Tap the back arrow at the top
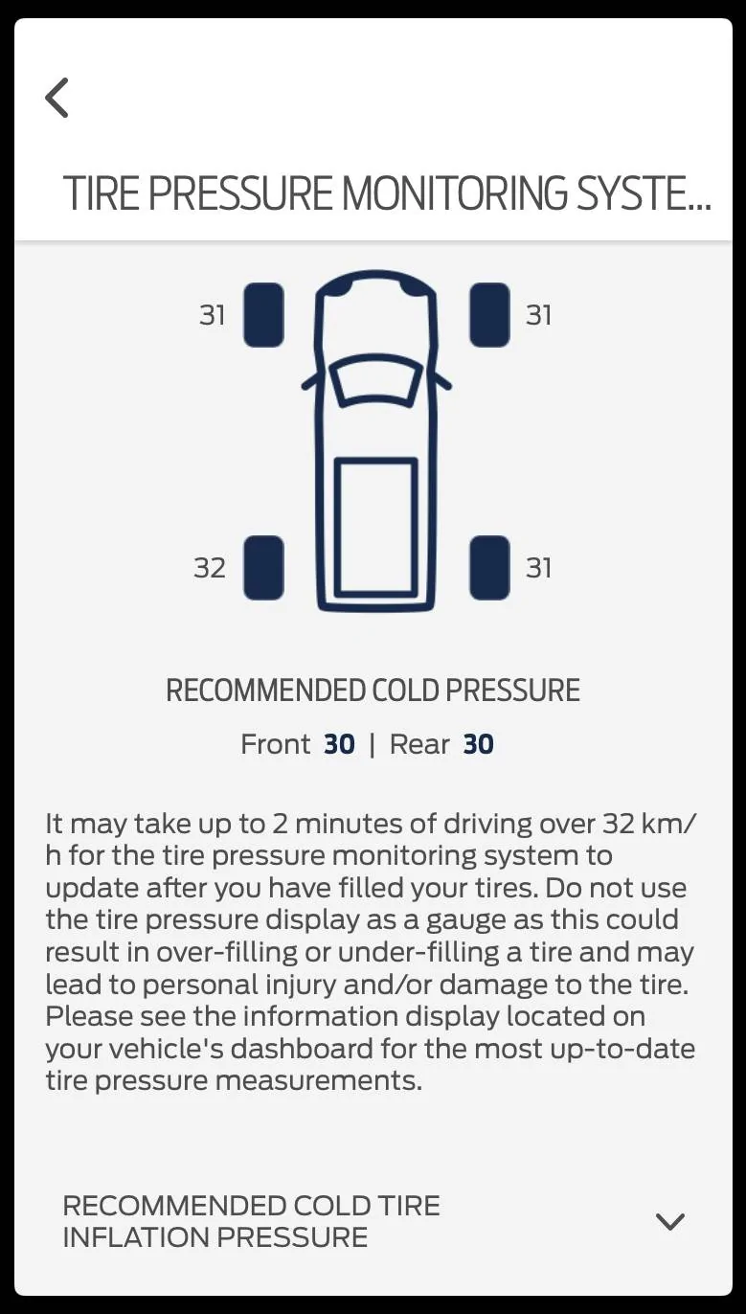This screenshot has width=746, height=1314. point(57,98)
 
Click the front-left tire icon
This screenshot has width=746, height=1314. point(264,315)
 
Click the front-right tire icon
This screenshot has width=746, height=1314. point(489,315)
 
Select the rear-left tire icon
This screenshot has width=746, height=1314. point(264,568)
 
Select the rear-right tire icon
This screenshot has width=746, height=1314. point(489,568)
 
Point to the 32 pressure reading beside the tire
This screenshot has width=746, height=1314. point(210,569)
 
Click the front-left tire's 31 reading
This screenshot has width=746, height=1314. point(213,316)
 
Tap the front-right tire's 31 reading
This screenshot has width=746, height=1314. point(538,316)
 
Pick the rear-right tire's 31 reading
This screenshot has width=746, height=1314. point(538,569)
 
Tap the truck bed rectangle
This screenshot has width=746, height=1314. point(376,527)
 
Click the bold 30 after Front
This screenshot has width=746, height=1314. point(339,744)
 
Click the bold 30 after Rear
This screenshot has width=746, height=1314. point(478,744)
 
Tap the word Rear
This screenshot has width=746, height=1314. point(419,744)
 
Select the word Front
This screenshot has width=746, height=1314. point(275,744)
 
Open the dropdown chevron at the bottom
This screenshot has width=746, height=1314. point(669,1222)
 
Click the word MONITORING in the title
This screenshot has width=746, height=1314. point(455,193)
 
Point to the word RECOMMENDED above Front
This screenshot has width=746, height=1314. point(267,691)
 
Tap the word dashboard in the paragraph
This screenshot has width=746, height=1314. point(302,1049)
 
